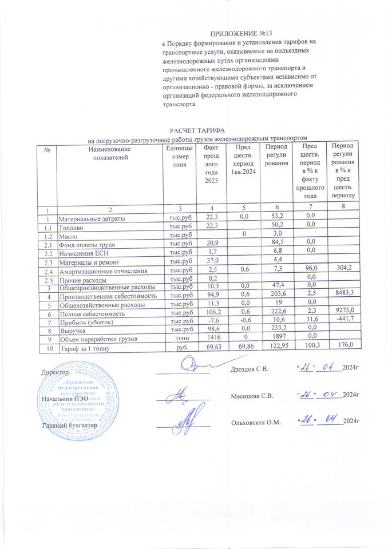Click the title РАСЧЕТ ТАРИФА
[x=196, y=131]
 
